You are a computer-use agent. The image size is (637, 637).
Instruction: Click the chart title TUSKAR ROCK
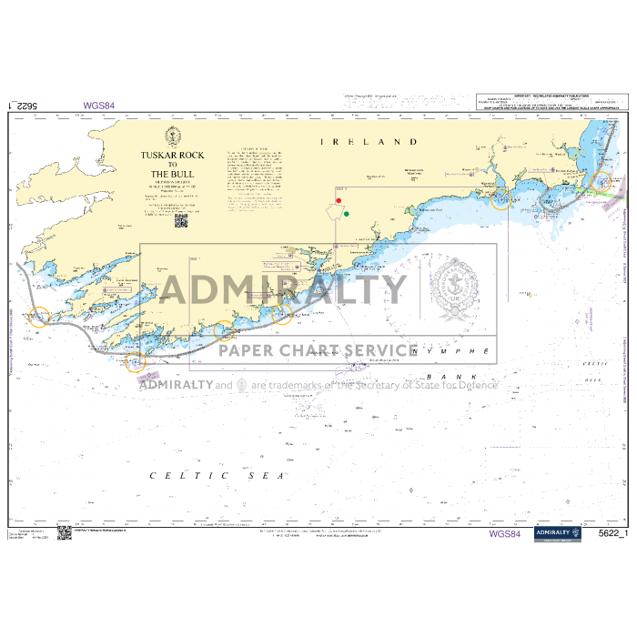172,156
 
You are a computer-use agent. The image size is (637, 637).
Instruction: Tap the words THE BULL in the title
172,173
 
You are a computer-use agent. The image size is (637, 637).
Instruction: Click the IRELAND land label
368,143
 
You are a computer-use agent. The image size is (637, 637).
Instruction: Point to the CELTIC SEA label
217,475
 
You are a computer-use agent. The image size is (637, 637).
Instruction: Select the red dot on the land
339,200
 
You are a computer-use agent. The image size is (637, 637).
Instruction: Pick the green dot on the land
347,215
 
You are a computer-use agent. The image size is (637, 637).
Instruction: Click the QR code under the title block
179,219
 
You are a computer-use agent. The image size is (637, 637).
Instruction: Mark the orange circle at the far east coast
604,182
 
